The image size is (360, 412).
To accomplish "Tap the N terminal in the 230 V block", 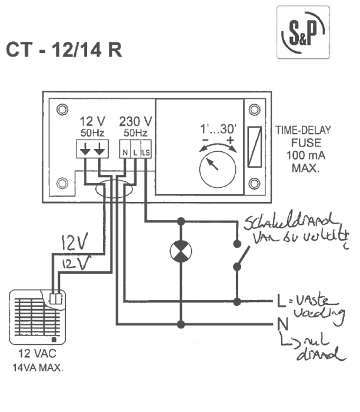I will pos(125,152).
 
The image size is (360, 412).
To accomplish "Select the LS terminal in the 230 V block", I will pos(146,152).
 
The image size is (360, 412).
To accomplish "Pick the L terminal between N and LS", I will pos(135,152).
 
